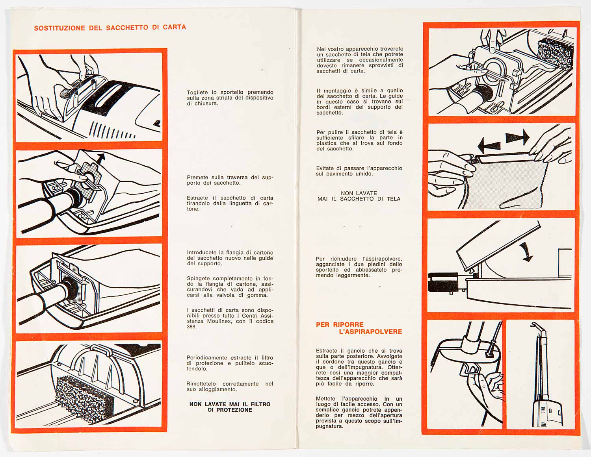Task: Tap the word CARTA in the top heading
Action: click(174, 27)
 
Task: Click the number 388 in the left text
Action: click(191, 327)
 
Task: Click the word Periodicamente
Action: click(207, 358)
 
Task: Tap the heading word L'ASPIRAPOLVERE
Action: click(370, 332)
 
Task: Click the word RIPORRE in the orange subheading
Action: click(348, 325)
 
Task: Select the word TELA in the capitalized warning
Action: click(393, 199)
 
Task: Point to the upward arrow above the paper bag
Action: click(101, 158)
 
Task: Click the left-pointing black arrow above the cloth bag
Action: click(489, 146)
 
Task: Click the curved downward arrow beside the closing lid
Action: click(525, 252)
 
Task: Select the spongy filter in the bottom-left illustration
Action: click(84, 396)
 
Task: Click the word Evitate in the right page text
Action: click(325, 168)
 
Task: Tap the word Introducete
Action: click(202, 253)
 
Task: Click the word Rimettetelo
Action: click(201, 384)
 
